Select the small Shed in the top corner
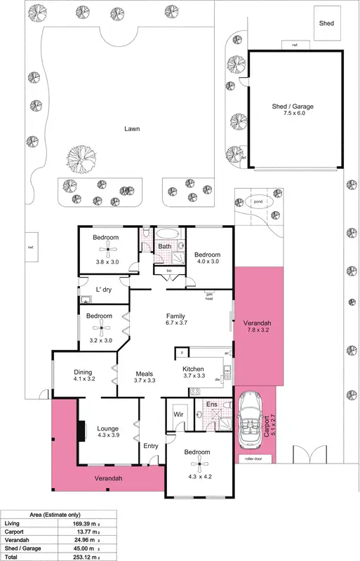pyautogui.click(x=326, y=23)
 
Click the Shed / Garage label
pyautogui.click(x=293, y=107)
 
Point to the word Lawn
pyautogui.click(x=131, y=129)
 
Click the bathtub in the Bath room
pyautogui.click(x=166, y=234)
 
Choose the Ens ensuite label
pyautogui.click(x=212, y=405)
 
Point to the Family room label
pyautogui.click(x=175, y=316)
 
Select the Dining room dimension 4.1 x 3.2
pyautogui.click(x=84, y=380)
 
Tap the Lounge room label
pyautogui.click(x=107, y=428)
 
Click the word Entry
pyautogui.click(x=151, y=446)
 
